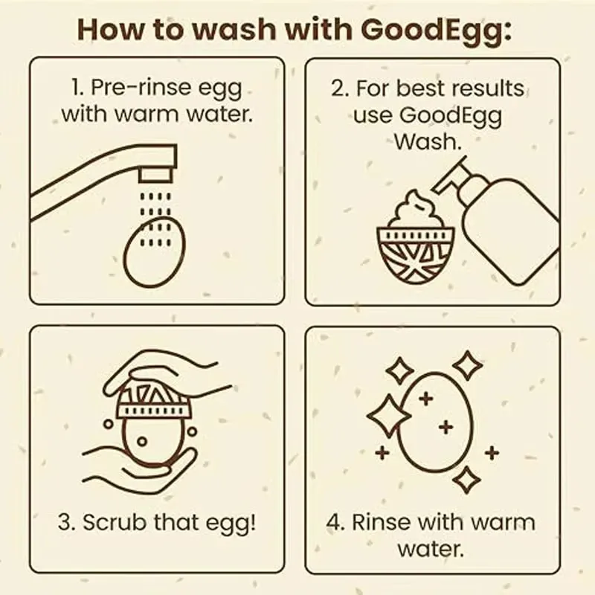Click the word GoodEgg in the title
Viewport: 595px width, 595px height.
point(436,31)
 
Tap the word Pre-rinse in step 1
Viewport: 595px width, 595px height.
point(141,88)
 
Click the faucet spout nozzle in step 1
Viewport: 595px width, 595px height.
point(155,176)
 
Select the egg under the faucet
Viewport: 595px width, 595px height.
point(155,252)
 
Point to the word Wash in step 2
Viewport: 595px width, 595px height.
point(428,141)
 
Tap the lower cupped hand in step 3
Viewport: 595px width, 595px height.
point(141,471)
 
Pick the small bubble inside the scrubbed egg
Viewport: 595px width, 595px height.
point(142,441)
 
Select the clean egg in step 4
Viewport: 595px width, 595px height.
point(435,422)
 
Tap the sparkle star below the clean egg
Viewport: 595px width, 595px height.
point(466,480)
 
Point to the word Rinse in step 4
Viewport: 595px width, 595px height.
point(382,522)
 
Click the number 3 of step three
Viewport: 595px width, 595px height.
point(65,522)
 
